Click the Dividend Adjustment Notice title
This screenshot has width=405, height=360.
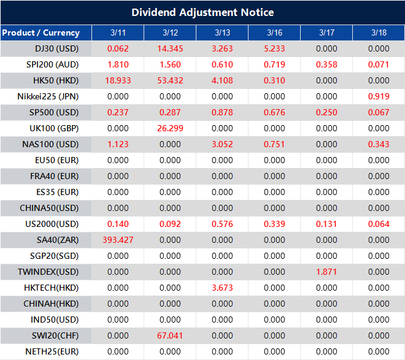(202, 12)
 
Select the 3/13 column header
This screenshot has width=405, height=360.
(222, 33)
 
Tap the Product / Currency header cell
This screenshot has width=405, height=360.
(40, 33)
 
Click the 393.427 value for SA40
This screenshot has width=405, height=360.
(118, 240)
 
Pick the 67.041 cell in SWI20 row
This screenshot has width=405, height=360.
(170, 335)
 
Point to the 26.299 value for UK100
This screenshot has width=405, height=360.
(170, 128)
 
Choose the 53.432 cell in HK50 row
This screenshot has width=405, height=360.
(170, 80)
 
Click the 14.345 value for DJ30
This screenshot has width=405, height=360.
(170, 48)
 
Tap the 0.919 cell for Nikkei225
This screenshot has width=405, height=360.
(379, 96)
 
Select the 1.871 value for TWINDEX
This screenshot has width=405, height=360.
(326, 272)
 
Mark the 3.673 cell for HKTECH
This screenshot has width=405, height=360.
(222, 288)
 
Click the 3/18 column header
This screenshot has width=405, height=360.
(379, 33)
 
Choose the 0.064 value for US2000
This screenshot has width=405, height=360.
(379, 224)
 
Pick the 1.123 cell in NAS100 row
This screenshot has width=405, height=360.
(118, 144)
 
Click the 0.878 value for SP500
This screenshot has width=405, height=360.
(222, 112)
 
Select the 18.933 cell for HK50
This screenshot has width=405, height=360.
(118, 80)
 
